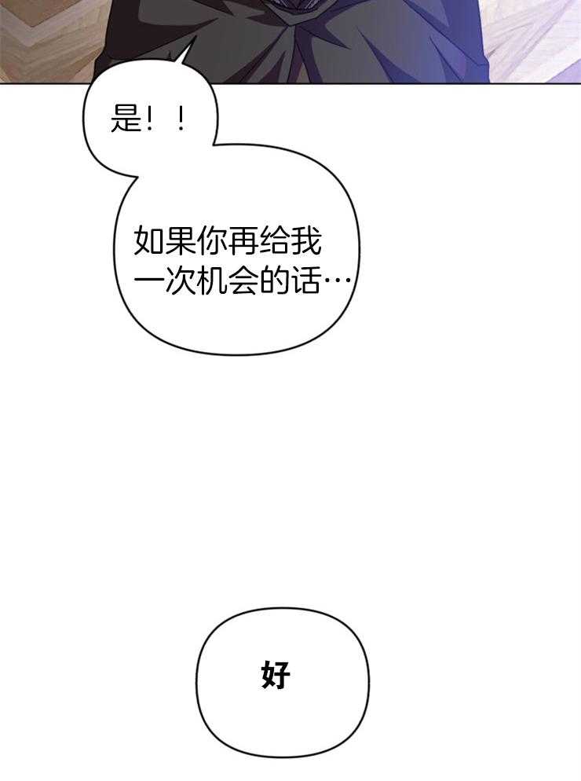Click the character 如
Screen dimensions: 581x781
tap(150, 242)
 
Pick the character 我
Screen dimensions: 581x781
tap(307, 242)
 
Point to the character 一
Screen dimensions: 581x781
tap(150, 282)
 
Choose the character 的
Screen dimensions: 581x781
tap(276, 282)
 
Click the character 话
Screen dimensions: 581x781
tap(307, 282)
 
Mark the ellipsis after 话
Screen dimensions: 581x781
tap(338, 282)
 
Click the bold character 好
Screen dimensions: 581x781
tap(276, 675)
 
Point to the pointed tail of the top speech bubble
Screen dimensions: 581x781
tap(186, 51)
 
